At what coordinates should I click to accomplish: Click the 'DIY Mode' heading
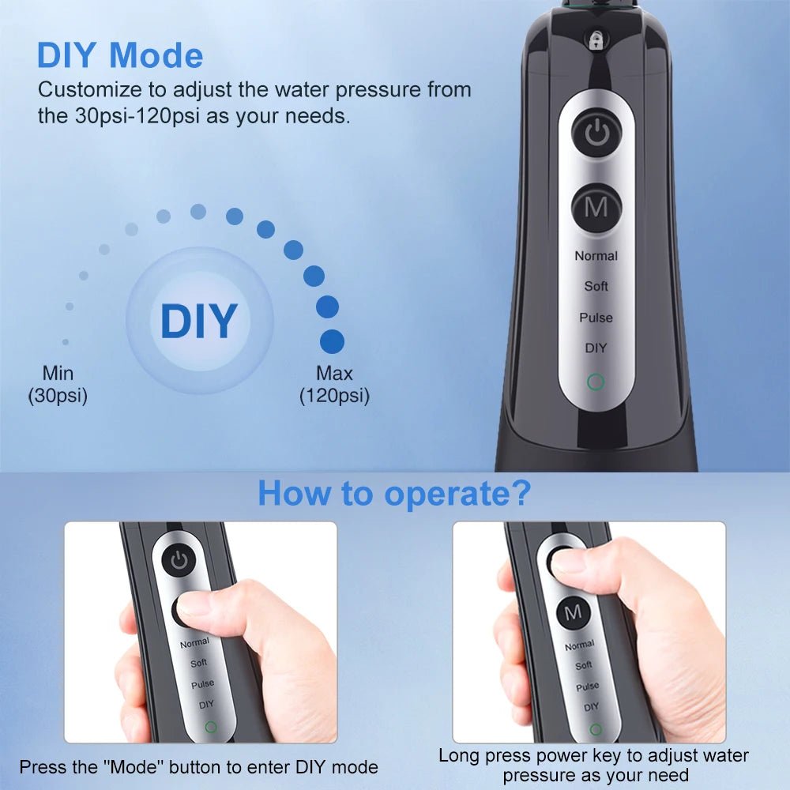coord(120,55)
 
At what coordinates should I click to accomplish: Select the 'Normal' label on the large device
coord(596,256)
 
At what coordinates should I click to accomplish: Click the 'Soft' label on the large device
coord(596,286)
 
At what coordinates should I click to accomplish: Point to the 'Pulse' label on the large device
coord(596,318)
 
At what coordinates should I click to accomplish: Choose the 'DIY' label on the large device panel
coord(596,348)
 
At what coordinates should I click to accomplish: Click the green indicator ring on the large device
coord(596,383)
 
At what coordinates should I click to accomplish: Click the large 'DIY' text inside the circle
coord(198,321)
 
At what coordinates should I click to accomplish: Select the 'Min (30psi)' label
coord(58,385)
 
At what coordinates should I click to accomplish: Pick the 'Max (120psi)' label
coord(334,385)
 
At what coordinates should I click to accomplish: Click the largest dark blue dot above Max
coord(332,341)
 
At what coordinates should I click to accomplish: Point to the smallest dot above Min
coord(65,342)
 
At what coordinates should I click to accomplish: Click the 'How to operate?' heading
coord(393,493)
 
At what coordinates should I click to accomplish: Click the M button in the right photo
coord(573,612)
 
